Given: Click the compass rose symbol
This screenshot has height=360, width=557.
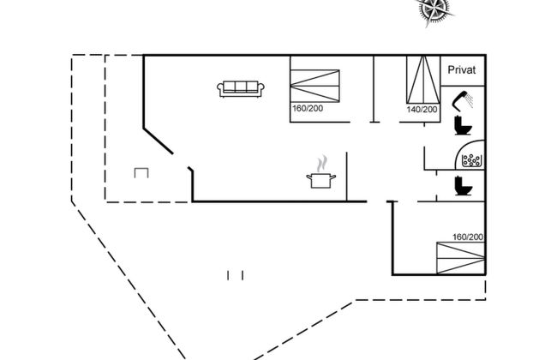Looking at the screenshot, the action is pos(434,10).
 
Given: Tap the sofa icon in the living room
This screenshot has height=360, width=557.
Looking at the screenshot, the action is pos(241,89).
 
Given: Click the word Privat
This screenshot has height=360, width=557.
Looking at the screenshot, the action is pos(461,70).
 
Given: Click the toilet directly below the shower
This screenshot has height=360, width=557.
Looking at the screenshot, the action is pos(464,125).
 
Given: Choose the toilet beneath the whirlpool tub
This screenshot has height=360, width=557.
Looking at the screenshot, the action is pos(464,186).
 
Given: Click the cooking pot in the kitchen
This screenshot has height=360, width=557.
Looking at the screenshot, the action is pos(321,180).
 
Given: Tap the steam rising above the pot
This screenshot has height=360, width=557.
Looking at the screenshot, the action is pos(322,164).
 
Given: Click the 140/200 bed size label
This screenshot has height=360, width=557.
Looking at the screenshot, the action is pos(422,110).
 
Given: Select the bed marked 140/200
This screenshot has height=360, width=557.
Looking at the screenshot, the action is pos(423,80).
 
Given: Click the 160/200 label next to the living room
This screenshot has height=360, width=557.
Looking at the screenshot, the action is pos(308,108).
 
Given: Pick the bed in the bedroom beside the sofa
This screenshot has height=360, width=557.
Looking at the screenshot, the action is pos(314,86).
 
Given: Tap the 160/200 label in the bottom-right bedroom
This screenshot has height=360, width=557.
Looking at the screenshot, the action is pos(468,237).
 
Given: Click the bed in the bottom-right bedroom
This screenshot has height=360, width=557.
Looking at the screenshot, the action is pos(461,258).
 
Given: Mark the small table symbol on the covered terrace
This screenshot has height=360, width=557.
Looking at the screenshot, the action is pos(141,173).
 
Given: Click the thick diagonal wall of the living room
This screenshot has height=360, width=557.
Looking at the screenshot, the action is pos(158,141).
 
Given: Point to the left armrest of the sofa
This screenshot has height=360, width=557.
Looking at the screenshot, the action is pos(220,89).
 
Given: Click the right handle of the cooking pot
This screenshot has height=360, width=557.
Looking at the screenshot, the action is pos(332,177).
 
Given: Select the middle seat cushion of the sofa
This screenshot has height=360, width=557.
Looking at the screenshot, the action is pos(241,87).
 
